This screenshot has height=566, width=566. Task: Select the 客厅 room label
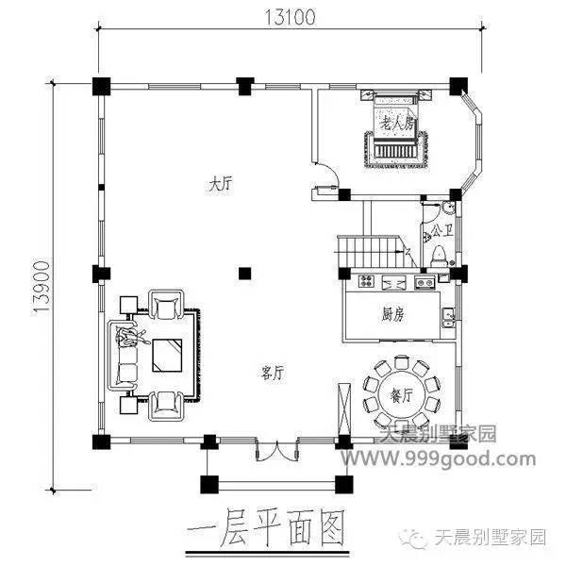(273, 374)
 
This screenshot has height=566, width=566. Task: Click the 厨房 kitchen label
(393, 315)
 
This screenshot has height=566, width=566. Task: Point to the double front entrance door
(269, 451)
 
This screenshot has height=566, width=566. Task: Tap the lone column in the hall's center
(244, 275)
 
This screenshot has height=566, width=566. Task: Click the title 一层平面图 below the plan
(267, 522)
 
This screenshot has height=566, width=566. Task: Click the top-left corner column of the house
(100, 85)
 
